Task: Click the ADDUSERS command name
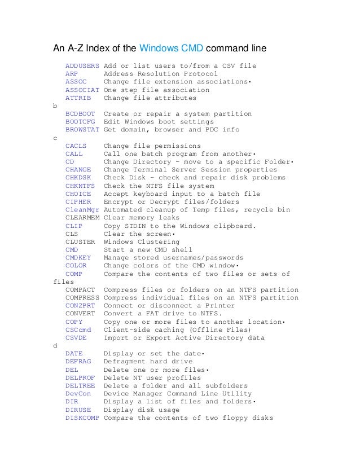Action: [82, 66]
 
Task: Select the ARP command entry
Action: [72, 74]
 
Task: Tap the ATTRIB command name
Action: [78, 98]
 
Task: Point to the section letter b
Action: [55, 106]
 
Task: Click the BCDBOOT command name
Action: [80, 114]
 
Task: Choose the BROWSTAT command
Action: [82, 130]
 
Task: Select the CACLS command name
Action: [76, 146]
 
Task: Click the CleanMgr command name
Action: [82, 210]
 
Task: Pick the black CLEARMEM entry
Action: [82, 218]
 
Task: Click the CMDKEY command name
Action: [78, 258]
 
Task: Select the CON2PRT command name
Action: [80, 306]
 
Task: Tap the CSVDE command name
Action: [76, 338]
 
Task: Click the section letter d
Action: [55, 346]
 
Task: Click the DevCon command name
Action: [78, 394]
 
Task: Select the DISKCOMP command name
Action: [82, 418]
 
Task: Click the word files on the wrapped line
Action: [63, 282]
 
